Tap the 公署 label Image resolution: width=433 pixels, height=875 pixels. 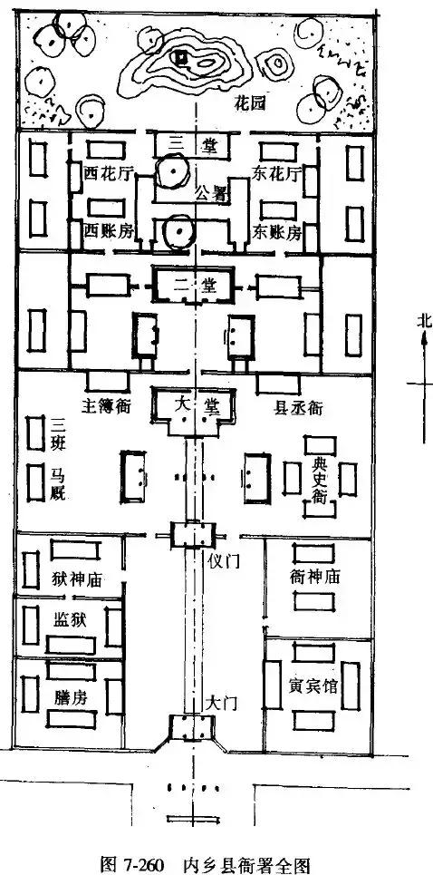tap(210, 194)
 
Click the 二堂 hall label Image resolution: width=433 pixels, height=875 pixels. tap(197, 285)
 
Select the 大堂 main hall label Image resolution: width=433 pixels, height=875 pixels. tap(198, 405)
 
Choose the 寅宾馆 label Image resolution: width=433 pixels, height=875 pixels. tap(314, 685)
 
